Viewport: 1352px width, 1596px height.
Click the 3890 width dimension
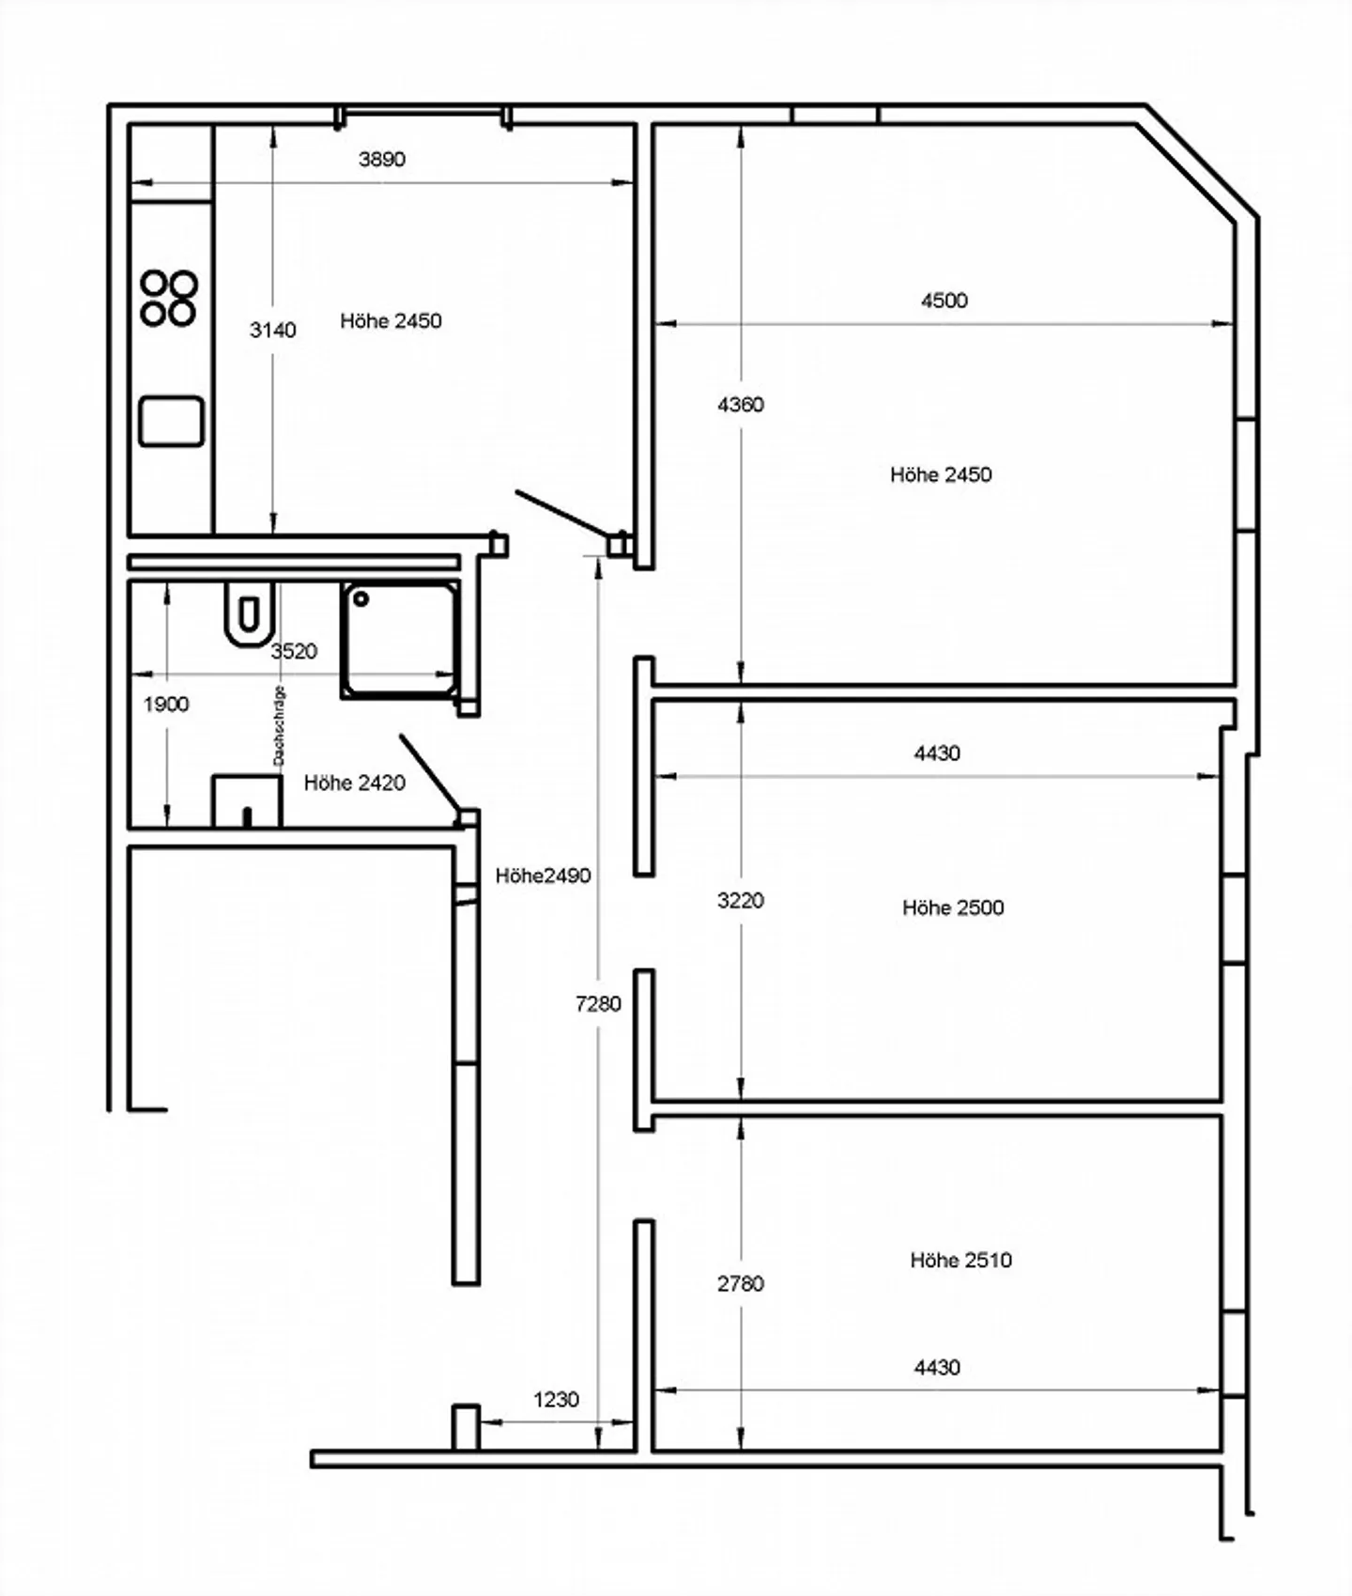tap(382, 159)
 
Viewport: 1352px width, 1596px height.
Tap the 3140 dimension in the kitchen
tap(273, 330)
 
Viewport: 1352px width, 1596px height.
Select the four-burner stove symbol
tap(169, 298)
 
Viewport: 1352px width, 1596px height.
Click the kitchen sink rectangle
tap(171, 421)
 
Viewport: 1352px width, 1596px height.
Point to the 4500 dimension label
tap(944, 301)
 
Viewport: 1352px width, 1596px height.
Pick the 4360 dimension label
tap(741, 405)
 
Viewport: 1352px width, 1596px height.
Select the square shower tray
tap(400, 640)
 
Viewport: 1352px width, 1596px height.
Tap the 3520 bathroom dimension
tap(294, 651)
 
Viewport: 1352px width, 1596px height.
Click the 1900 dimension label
tap(166, 705)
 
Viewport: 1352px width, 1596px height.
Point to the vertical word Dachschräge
tap(279, 725)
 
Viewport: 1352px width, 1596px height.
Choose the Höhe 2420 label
tap(355, 783)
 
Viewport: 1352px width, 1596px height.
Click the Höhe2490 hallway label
tap(544, 875)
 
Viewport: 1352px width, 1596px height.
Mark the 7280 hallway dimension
tap(599, 1004)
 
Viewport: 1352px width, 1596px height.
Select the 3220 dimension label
tap(741, 901)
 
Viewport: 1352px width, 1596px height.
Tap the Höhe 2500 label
tap(953, 907)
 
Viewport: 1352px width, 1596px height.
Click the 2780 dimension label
tap(741, 1283)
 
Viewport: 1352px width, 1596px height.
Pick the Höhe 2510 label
tap(961, 1260)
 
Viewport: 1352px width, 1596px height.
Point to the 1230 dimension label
tap(556, 1400)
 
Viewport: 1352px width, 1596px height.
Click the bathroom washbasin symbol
tap(247, 800)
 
